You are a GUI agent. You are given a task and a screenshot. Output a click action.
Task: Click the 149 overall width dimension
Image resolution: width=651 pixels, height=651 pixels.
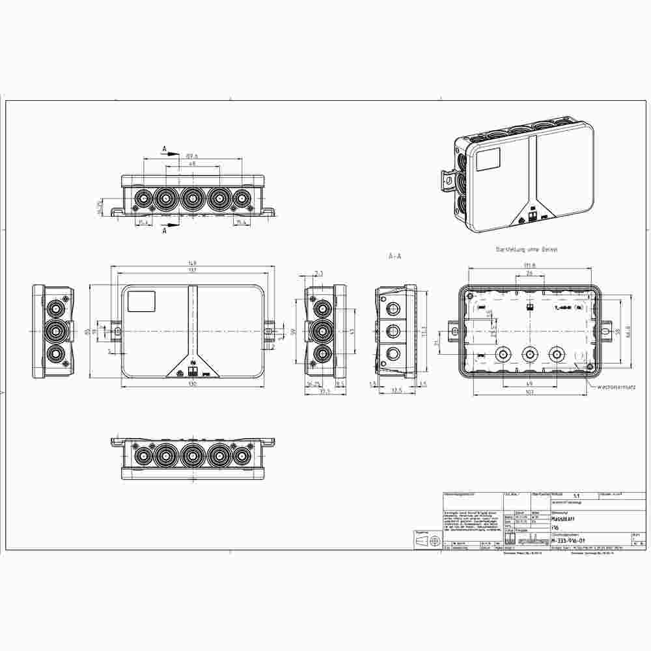(192, 264)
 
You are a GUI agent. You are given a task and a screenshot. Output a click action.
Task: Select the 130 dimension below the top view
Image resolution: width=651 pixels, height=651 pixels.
(192, 384)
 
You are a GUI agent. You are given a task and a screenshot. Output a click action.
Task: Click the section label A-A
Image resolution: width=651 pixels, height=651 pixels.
(395, 256)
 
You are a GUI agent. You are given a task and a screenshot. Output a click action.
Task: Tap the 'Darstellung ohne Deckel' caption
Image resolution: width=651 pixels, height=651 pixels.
(527, 249)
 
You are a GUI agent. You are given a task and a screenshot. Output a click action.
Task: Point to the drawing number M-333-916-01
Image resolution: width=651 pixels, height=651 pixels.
(568, 540)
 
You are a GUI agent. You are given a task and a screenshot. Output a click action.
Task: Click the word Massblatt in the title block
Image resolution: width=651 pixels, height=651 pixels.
(564, 519)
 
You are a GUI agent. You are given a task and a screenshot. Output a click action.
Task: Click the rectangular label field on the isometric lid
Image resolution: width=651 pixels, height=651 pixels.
(488, 159)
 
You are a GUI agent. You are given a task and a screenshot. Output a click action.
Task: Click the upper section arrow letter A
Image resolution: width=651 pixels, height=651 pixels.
(165, 149)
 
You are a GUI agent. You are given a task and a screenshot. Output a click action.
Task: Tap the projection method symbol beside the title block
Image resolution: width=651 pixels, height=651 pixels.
(427, 541)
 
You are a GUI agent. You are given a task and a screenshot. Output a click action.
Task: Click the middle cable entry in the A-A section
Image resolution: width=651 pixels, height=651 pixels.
(393, 331)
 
